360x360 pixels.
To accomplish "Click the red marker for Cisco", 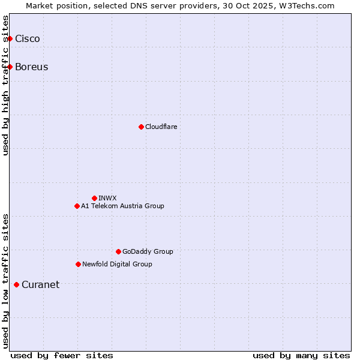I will [x=10, y=39].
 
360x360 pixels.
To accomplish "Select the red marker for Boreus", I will [x=10, y=67].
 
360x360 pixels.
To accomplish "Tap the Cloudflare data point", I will [x=141, y=127].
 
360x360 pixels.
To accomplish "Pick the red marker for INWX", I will [x=94, y=198].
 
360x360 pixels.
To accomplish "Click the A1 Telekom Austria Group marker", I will [x=77, y=206].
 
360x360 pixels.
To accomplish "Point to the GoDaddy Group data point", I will [x=118, y=251].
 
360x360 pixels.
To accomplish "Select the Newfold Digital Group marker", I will [x=78, y=264].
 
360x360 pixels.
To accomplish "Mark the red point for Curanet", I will [x=16, y=284].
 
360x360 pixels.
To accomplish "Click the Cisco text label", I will [x=28, y=39].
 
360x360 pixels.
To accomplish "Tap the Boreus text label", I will [x=32, y=67].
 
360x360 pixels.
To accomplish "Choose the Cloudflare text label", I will [x=161, y=127].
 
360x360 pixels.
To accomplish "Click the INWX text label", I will [x=108, y=198].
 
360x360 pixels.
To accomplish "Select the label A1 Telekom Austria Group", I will [x=122, y=206].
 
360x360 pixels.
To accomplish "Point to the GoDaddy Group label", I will [x=148, y=251].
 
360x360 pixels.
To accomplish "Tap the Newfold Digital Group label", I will [x=117, y=264].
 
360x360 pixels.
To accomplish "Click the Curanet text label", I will [x=40, y=284].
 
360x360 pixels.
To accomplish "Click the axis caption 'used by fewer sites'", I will [x=62, y=355].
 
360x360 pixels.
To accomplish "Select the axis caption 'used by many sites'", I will [x=301, y=355].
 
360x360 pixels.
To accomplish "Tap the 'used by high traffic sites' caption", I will [x=6, y=85].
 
